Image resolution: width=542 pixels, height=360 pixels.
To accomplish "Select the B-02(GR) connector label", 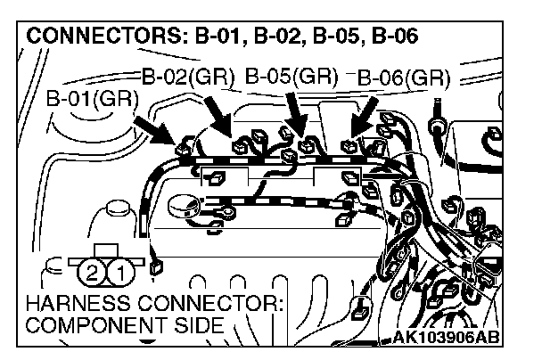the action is (188, 76).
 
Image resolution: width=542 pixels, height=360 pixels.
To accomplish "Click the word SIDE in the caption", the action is (199, 325).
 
